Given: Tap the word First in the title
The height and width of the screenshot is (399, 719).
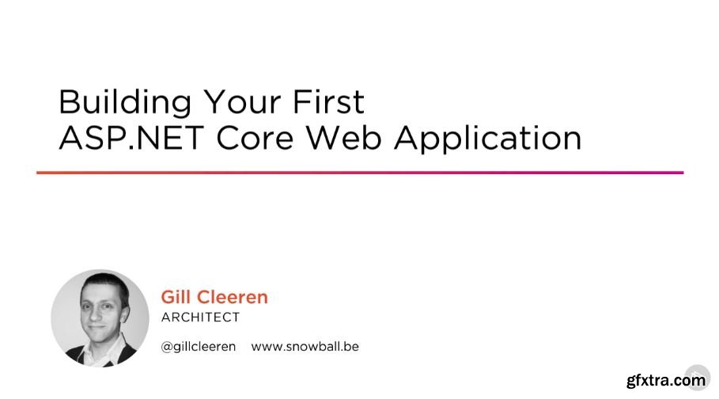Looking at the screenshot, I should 332,102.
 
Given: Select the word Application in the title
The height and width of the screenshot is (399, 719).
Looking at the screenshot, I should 488,138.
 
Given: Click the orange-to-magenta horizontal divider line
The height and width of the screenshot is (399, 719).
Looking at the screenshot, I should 359,173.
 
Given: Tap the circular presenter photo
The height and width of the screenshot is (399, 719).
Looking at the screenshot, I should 100,317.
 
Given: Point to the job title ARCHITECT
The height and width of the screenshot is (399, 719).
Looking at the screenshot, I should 200,317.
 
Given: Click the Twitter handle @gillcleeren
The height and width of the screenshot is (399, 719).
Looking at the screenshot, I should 199,348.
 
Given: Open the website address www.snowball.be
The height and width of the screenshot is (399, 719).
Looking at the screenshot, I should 305,348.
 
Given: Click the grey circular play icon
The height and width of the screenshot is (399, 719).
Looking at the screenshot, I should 696,376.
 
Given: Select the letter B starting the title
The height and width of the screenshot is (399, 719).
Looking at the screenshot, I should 68,102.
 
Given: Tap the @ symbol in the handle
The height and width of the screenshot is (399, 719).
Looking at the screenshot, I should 166,348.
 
